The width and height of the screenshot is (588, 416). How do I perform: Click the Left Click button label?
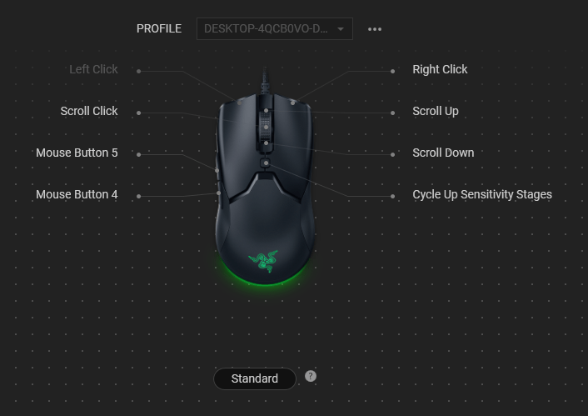pyautogui.click(x=93, y=70)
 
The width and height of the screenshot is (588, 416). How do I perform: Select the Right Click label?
pyautogui.click(x=440, y=70)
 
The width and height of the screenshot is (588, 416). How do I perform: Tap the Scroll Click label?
pyautogui.click(x=89, y=112)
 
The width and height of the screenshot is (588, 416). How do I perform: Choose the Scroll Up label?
pyautogui.click(x=435, y=112)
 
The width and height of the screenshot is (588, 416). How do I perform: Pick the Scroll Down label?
pyautogui.click(x=443, y=153)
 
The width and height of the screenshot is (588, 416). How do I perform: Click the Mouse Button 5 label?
pyautogui.click(x=77, y=153)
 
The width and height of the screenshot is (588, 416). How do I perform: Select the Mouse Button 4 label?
pyautogui.click(x=77, y=195)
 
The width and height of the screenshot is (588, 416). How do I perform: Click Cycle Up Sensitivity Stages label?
pyautogui.click(x=481, y=195)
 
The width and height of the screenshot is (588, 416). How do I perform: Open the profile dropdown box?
pyautogui.click(x=274, y=29)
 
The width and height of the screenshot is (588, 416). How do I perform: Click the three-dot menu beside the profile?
pyautogui.click(x=375, y=29)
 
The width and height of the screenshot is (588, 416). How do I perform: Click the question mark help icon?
pyautogui.click(x=311, y=376)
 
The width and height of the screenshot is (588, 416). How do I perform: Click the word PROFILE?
pyautogui.click(x=159, y=29)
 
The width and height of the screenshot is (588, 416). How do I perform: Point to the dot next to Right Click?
pyautogui.click(x=393, y=71)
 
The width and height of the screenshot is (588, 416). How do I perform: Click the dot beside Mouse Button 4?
pyautogui.click(x=138, y=196)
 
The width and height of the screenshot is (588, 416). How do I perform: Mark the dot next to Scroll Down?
pyautogui.click(x=393, y=154)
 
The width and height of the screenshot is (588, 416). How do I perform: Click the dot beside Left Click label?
pyautogui.click(x=138, y=71)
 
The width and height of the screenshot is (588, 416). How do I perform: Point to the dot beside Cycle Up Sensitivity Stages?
pyautogui.click(x=393, y=196)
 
